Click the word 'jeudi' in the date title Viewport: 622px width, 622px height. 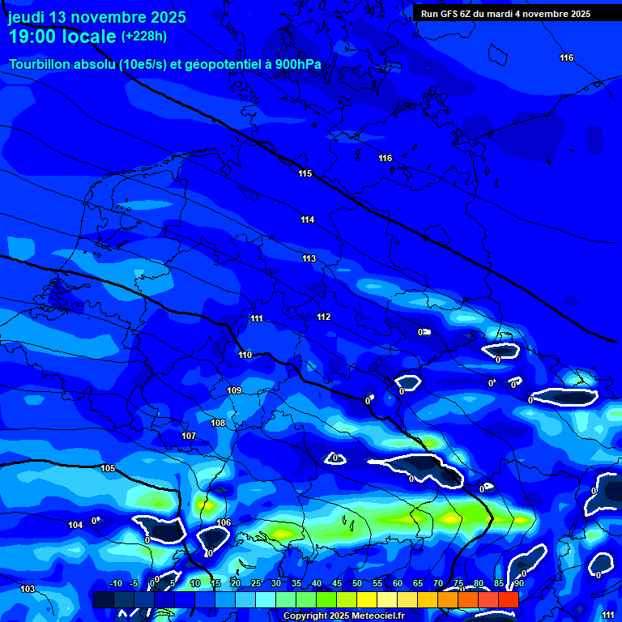click(x=27, y=18)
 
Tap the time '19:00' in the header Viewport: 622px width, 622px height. click(x=33, y=37)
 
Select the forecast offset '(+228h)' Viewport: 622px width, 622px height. click(x=144, y=36)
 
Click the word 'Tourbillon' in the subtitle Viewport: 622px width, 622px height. click(x=41, y=64)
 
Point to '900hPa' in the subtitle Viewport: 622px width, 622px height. click(x=298, y=64)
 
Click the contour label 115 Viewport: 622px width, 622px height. click(x=305, y=174)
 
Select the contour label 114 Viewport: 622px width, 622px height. click(x=307, y=220)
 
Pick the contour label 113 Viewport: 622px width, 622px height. click(x=309, y=259)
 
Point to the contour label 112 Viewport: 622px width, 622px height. click(x=323, y=317)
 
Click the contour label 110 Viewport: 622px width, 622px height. click(x=245, y=356)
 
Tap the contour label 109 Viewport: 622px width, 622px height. click(x=234, y=391)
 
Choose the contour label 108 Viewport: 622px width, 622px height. click(x=218, y=424)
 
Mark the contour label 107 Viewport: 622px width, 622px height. click(x=189, y=437)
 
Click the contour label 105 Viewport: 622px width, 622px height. click(x=108, y=469)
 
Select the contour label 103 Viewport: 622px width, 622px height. click(x=28, y=589)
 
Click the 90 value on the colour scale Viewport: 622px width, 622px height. click(x=518, y=583)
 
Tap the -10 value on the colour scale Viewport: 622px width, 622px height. click(x=116, y=583)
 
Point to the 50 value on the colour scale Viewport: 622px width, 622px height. click(x=357, y=583)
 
